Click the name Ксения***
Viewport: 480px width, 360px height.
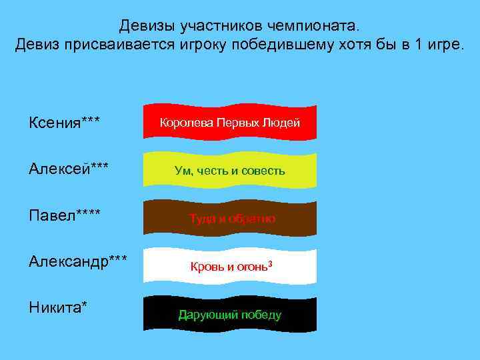pos(65,123)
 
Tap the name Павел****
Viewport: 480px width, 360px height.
pos(65,216)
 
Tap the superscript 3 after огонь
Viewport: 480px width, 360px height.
pos(271,264)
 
